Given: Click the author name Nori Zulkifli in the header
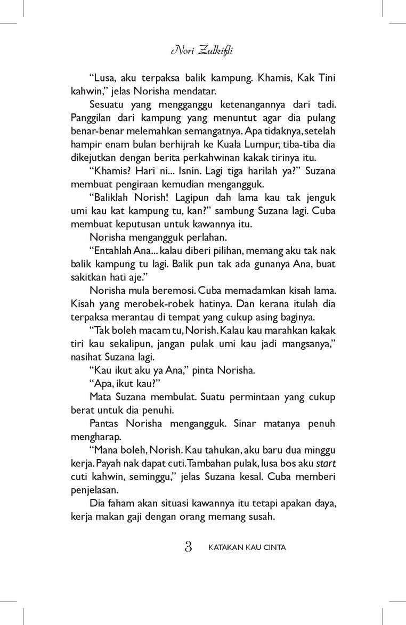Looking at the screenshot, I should pyautogui.click(x=203, y=51).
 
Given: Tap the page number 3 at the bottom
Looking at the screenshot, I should pyautogui.click(x=188, y=546).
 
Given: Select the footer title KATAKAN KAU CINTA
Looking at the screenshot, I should pyautogui.click(x=247, y=547).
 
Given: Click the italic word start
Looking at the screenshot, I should pyautogui.click(x=326, y=464).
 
